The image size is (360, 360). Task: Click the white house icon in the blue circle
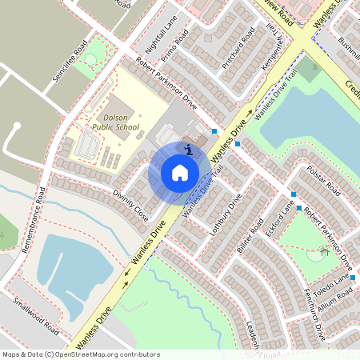coord(180,172)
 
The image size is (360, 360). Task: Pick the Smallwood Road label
coord(35,316)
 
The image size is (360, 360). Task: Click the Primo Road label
coord(174,47)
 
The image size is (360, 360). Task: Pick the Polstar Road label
coord(323,182)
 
